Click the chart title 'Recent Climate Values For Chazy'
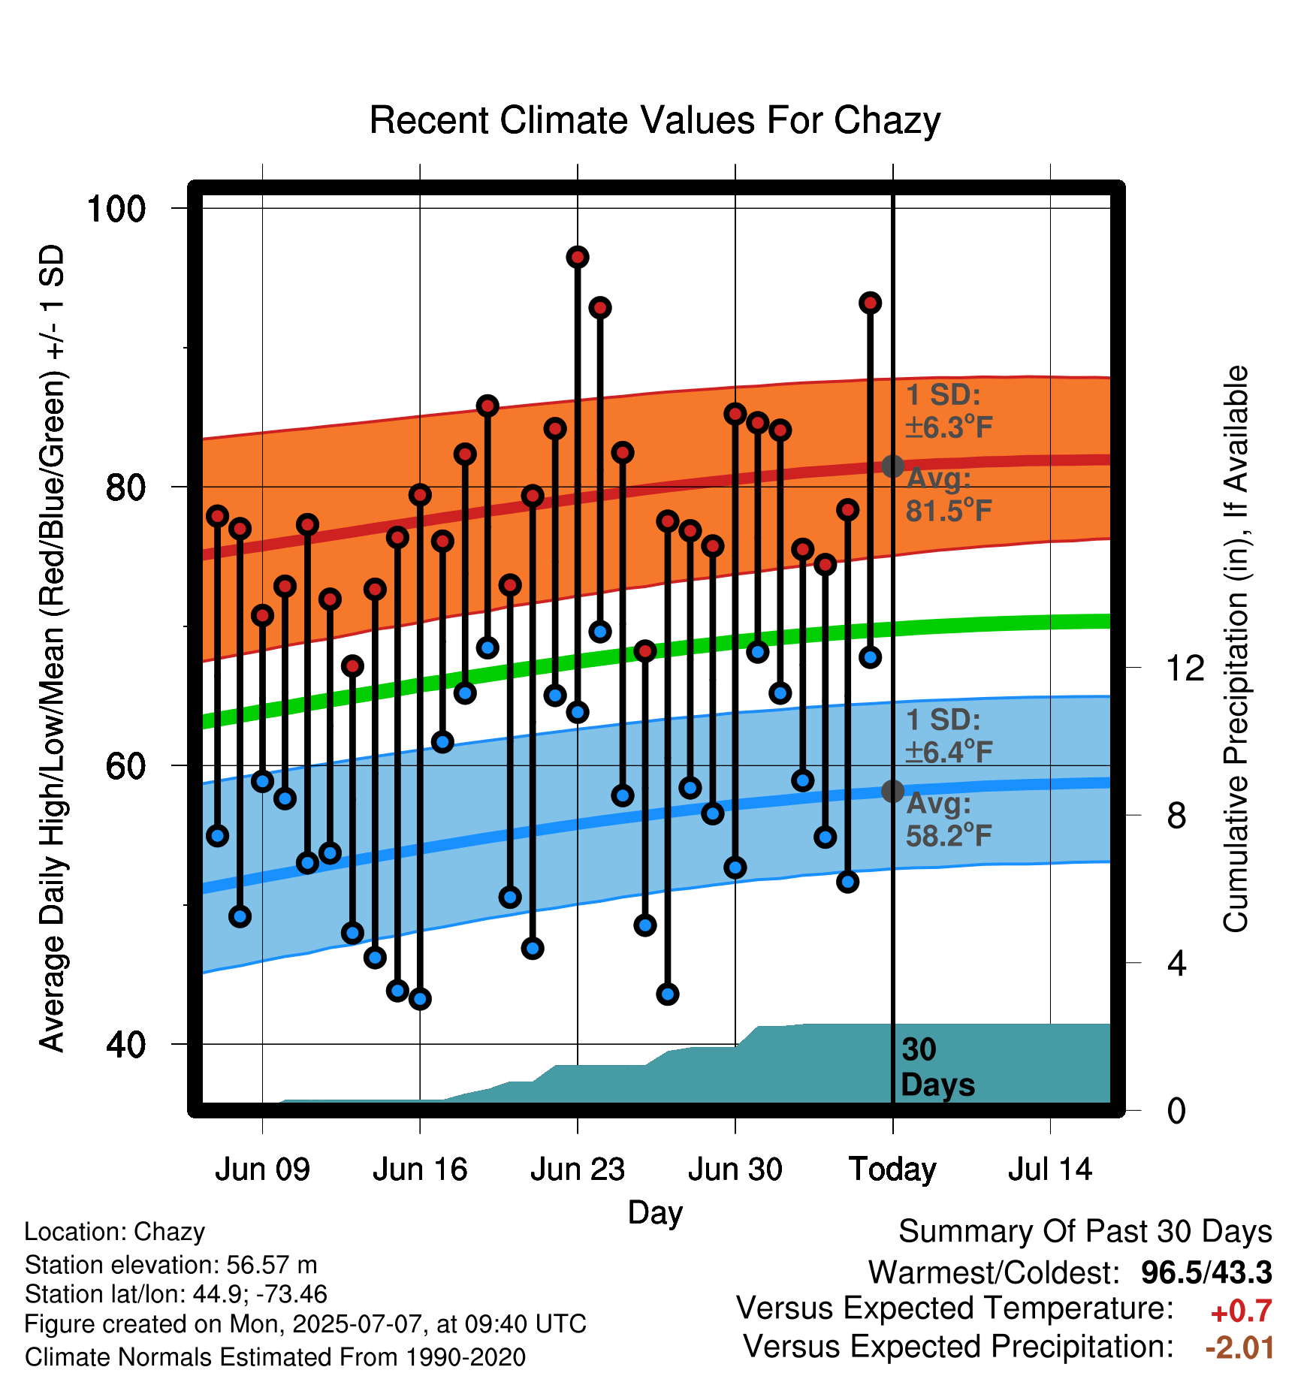[654, 120]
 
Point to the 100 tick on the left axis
[116, 208]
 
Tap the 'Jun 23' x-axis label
[577, 1169]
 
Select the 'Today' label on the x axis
[892, 1170]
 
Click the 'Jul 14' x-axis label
[1050, 1169]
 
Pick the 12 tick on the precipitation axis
[1185, 668]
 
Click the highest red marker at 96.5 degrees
[577, 258]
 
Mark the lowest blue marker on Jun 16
[420, 999]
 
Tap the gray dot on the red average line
[892, 466]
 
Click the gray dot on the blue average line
[892, 791]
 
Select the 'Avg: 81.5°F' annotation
[949, 495]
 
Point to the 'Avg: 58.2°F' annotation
[949, 819]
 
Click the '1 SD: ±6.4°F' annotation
[949, 736]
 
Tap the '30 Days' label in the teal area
[937, 1067]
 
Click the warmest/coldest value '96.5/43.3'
[1206, 1272]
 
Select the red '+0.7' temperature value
[1241, 1311]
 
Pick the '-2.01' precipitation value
[1239, 1347]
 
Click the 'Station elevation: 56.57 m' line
[171, 1265]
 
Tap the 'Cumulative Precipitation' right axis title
[1236, 650]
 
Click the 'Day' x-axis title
[655, 1213]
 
